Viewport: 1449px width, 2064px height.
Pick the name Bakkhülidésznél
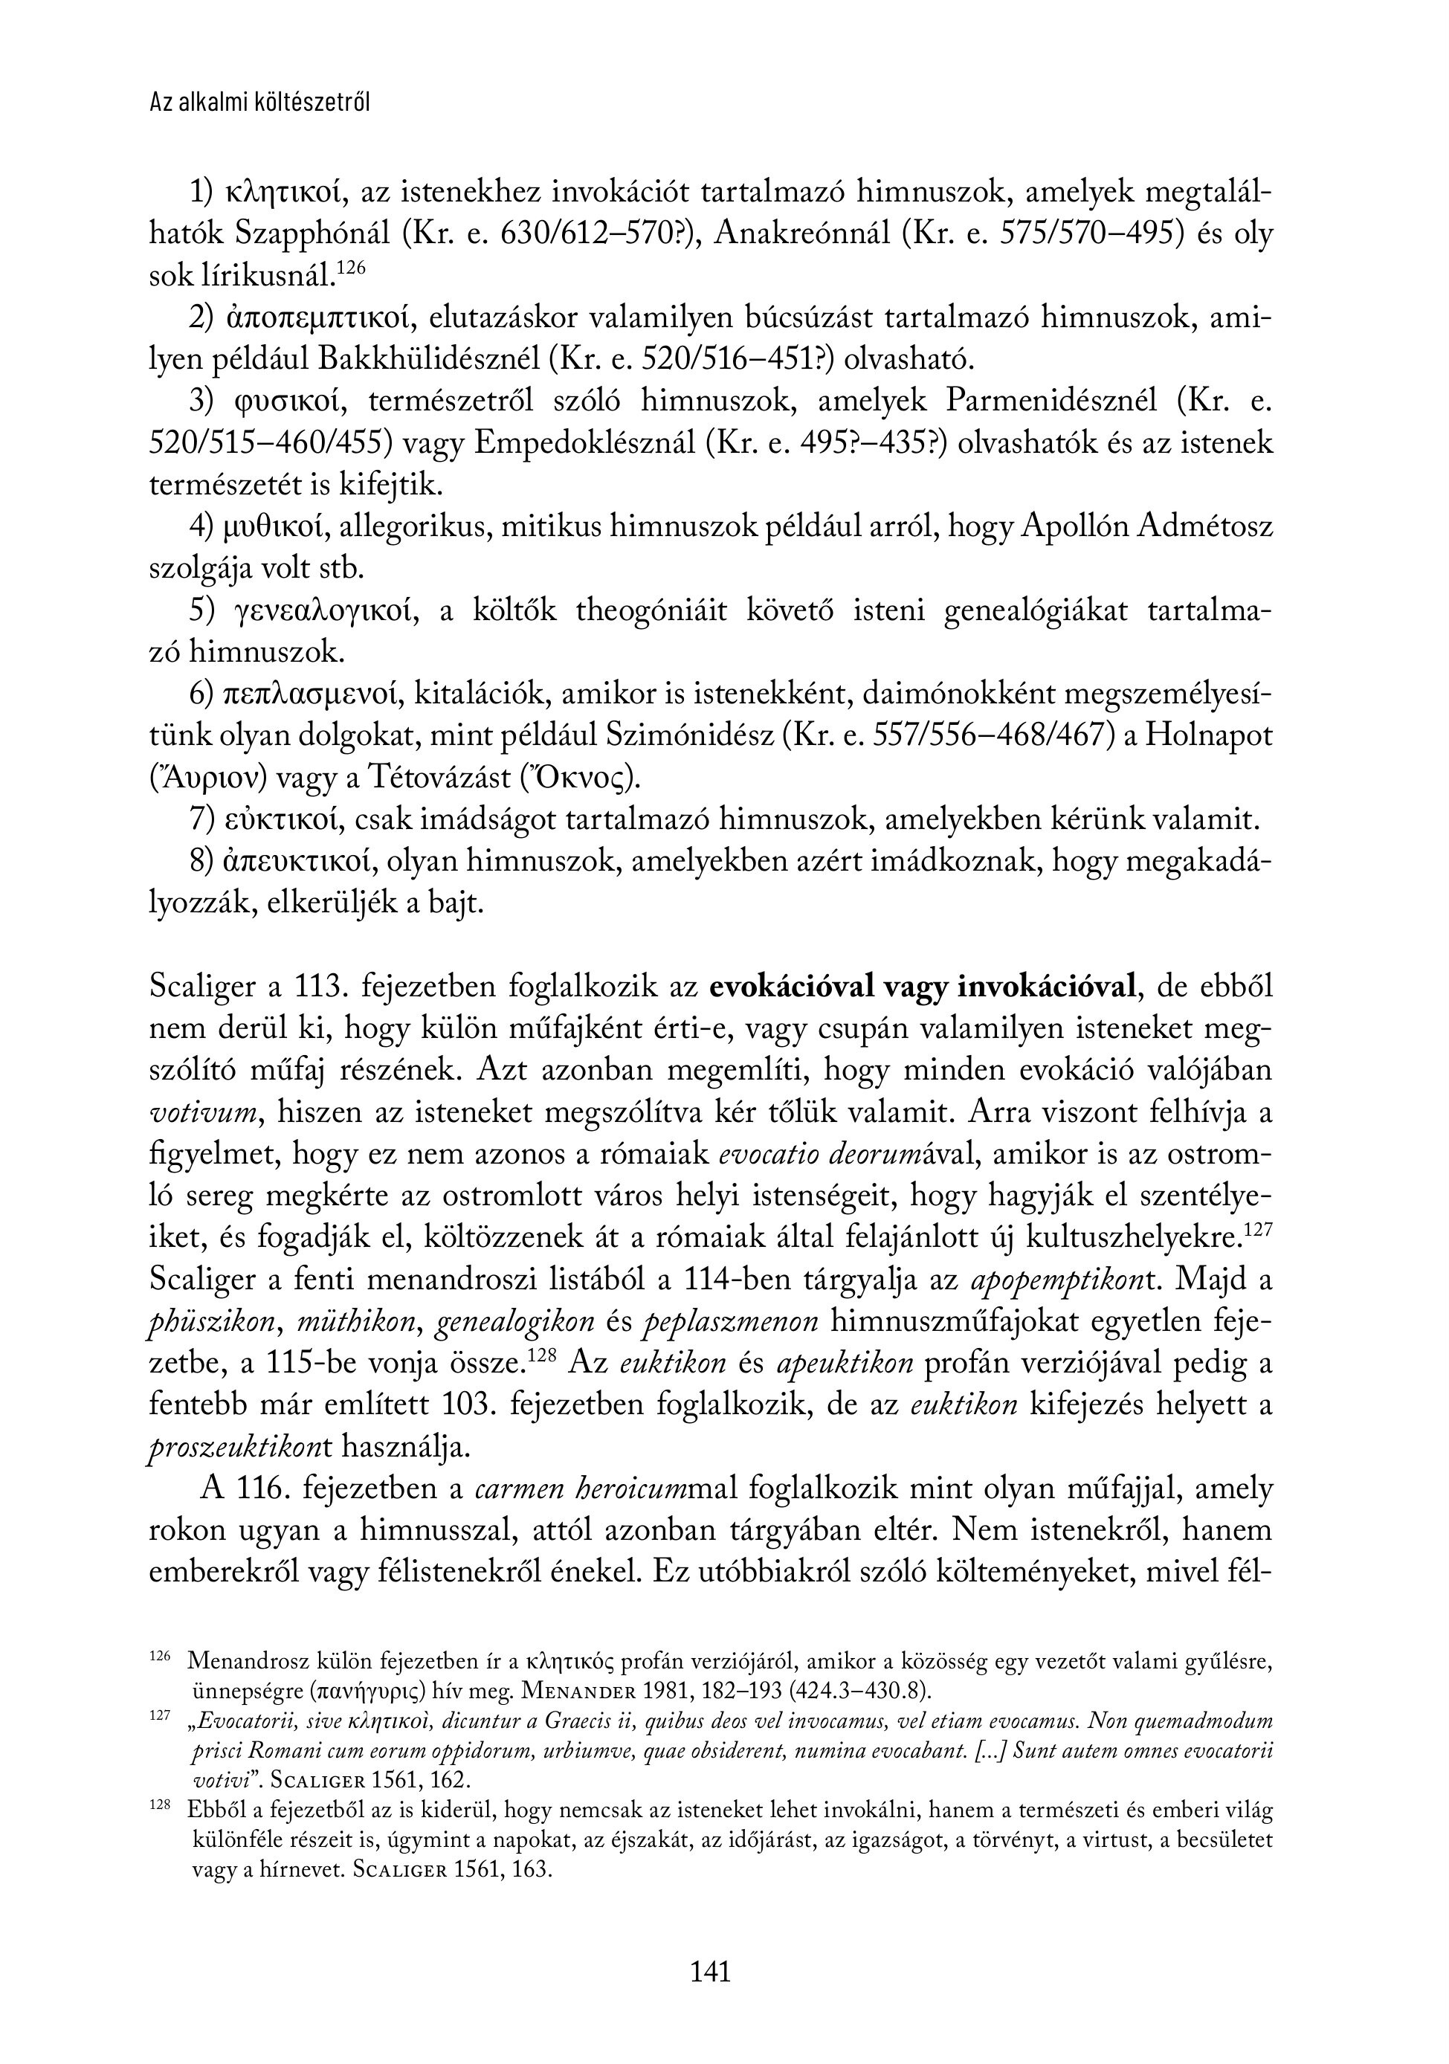[x=430, y=360]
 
